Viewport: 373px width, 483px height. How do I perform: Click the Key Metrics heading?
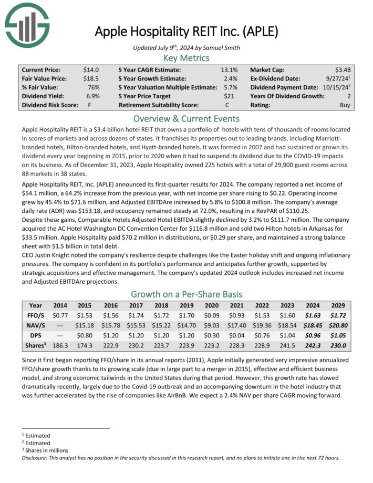coord(186,58)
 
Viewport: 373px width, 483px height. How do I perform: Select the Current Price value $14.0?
coord(91,69)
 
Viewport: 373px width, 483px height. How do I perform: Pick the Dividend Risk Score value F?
coord(97,105)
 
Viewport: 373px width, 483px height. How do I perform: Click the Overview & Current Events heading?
coord(186,118)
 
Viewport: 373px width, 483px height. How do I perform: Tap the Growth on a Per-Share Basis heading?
coord(186,294)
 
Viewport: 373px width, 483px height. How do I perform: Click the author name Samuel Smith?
coord(223,48)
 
